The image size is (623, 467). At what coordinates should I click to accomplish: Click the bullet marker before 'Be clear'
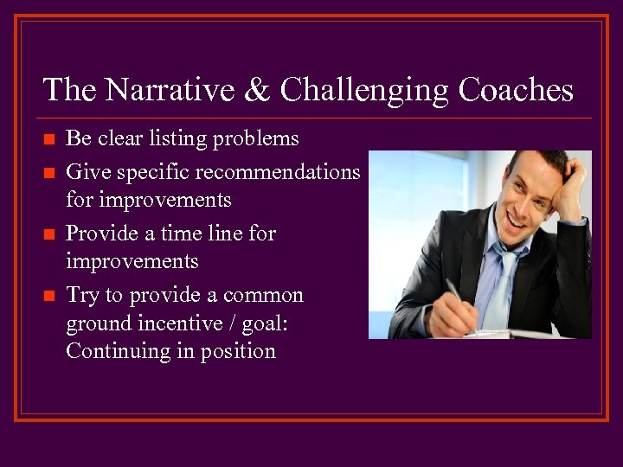pyautogui.click(x=48, y=139)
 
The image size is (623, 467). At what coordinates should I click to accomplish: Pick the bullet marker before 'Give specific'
pyautogui.click(x=48, y=173)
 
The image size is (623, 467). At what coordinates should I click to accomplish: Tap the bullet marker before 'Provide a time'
pyautogui.click(x=48, y=234)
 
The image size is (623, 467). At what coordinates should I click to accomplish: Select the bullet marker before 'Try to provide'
pyautogui.click(x=48, y=296)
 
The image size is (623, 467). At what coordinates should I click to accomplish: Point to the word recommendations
pyautogui.click(x=278, y=172)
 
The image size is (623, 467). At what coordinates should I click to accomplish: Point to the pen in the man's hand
pyautogui.click(x=456, y=294)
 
